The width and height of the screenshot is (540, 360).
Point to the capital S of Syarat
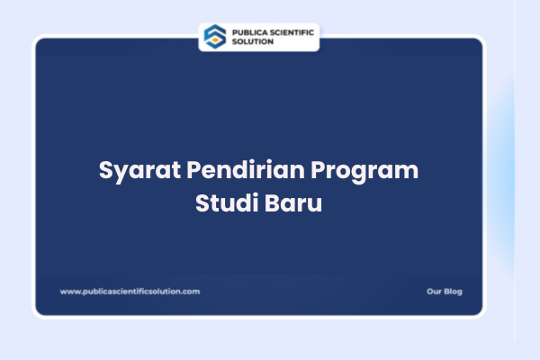[x=104, y=170]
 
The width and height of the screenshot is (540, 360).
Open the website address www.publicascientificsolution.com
[x=130, y=292]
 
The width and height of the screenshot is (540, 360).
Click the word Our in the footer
[x=434, y=292]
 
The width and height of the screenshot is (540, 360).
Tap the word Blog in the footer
[x=453, y=292]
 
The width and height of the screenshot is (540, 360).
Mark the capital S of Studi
[x=202, y=202]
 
